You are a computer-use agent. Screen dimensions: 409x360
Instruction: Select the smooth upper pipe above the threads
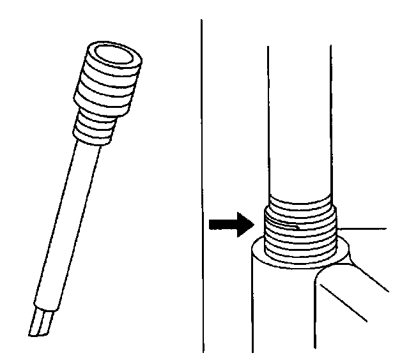(299, 115)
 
